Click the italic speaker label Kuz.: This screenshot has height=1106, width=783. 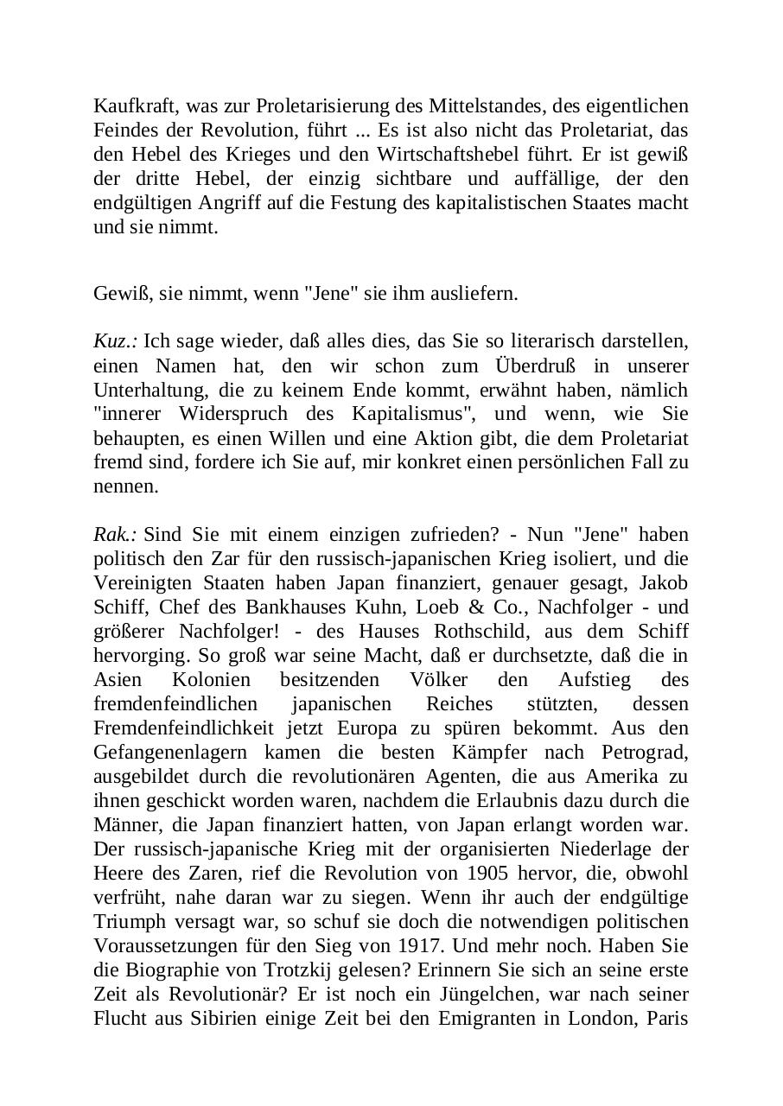tap(116, 341)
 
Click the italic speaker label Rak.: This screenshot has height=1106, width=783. tap(116, 534)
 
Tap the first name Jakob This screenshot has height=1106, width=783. tap(663, 582)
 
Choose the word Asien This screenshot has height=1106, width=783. tap(117, 679)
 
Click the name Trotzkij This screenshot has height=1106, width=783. tap(290, 945)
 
